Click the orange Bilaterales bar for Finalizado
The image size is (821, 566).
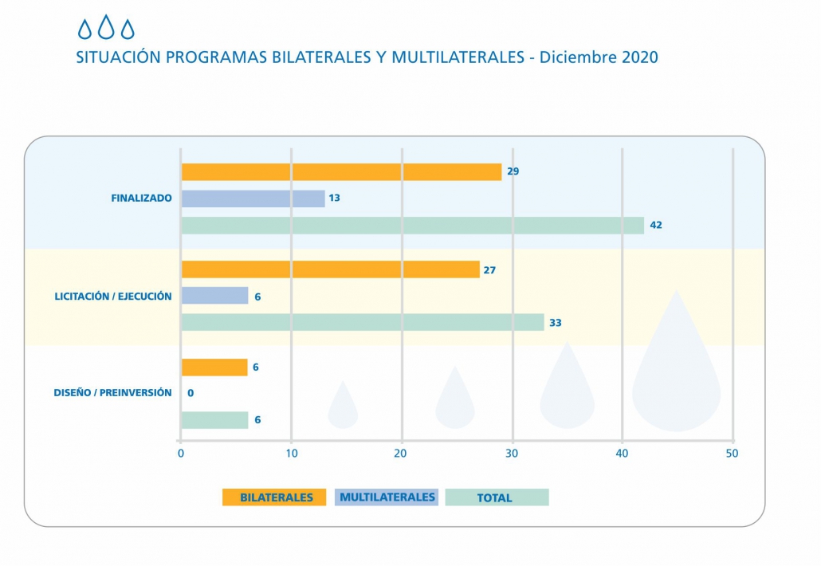tap(341, 171)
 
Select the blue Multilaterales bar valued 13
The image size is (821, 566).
tap(253, 198)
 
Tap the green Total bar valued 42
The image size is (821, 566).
tap(412, 226)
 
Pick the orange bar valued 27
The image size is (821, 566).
tap(330, 269)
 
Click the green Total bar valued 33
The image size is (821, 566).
tap(363, 323)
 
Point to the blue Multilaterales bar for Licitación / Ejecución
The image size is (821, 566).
tap(214, 296)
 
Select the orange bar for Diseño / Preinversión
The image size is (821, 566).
tap(214, 368)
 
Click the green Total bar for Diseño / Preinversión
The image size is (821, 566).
tap(214, 420)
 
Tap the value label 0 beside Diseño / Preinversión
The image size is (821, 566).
tap(191, 393)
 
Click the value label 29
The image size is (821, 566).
tap(513, 171)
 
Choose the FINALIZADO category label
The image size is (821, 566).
tap(141, 198)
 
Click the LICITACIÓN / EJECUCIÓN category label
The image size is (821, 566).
tap(113, 297)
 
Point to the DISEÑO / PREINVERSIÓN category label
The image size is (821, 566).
tap(112, 393)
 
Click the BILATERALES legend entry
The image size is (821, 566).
tap(275, 497)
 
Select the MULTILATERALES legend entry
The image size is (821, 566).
tap(387, 497)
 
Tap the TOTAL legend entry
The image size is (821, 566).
tap(497, 497)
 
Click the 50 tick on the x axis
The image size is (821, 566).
tap(732, 454)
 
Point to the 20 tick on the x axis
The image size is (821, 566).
tap(401, 454)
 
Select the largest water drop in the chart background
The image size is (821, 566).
tap(676, 375)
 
